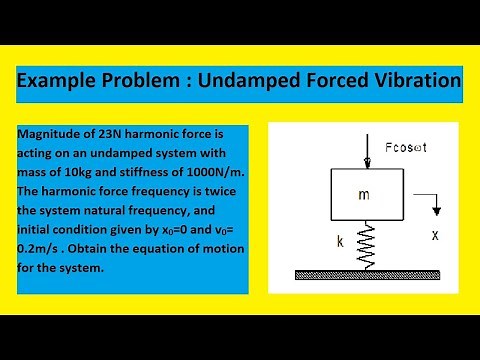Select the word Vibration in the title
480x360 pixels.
coord(410,80)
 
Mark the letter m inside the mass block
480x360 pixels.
coord(363,195)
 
